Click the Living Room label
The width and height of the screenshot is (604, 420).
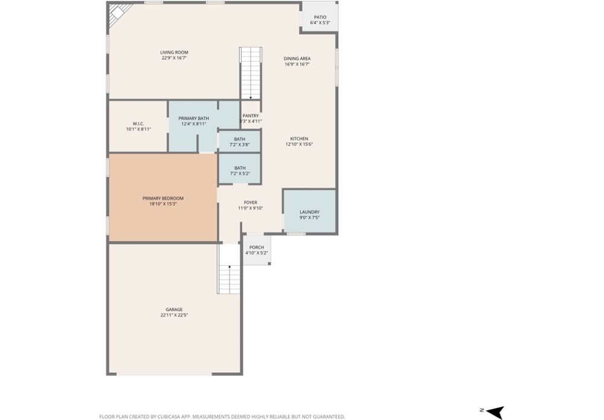point(174,53)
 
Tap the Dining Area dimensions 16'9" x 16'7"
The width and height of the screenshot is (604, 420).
point(297,64)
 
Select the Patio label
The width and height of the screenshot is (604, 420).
point(320,17)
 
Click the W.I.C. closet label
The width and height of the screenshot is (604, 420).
point(138,124)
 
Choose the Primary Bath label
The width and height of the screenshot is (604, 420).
point(194,118)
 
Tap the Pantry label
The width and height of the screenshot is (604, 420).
point(251,115)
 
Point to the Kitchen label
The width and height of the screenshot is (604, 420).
point(300,139)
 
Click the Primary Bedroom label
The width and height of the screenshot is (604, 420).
point(163,198)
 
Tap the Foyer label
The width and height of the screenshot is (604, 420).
point(251,202)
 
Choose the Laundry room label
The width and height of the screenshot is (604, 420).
point(310,212)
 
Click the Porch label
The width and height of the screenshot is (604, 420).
point(257,247)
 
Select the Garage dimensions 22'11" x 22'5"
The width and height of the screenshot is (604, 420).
point(174,315)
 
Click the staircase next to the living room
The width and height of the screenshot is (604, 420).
point(251,73)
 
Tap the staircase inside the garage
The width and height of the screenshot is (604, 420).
point(229,268)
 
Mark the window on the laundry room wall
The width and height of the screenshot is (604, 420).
point(297,234)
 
